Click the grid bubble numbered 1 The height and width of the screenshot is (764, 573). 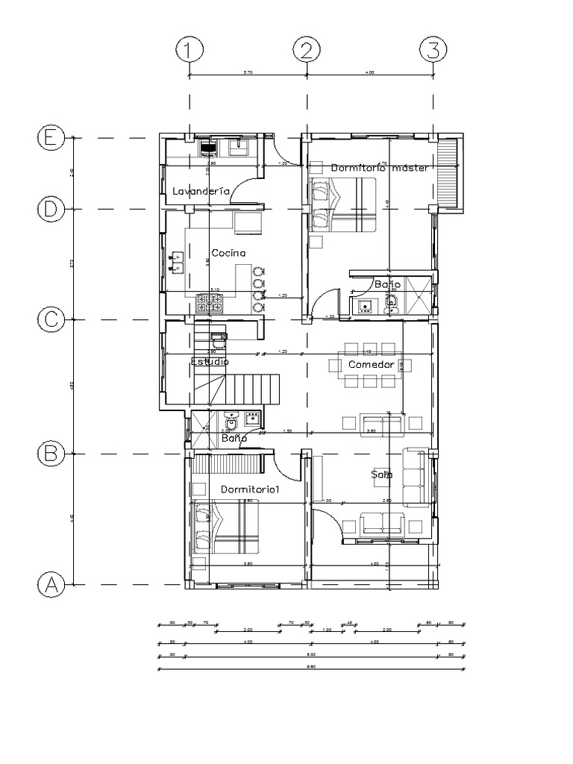pos(190,51)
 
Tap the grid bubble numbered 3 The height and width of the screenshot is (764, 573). pos(433,51)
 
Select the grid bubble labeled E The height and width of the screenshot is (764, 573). pos(51,138)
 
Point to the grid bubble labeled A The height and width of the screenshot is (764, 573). pos(51,584)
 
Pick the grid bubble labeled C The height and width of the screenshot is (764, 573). pos(51,319)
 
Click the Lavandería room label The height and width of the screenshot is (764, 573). pos(201,192)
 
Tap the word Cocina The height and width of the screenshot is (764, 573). pos(228,253)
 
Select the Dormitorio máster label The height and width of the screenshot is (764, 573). pos(380,168)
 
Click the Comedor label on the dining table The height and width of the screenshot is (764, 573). pos(371,364)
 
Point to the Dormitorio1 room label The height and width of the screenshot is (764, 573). pos(249,489)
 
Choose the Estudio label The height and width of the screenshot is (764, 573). pos(210,361)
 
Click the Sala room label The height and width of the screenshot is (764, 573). pos(382,475)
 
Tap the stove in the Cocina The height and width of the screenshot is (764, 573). pos(210,303)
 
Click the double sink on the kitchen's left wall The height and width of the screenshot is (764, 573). pos(176,260)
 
